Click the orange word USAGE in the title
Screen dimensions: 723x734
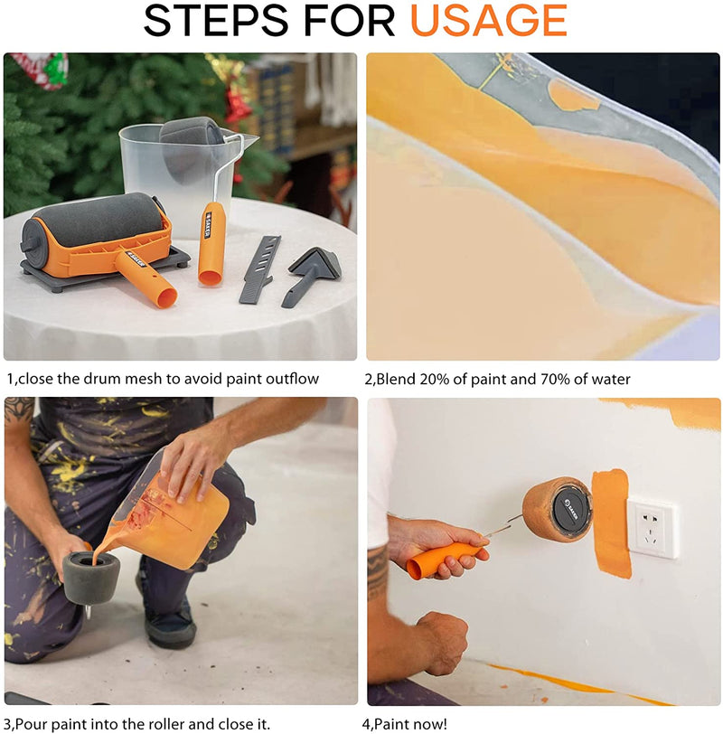tap(489, 21)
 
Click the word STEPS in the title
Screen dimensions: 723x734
tap(216, 21)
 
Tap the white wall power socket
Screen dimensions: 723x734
tap(653, 528)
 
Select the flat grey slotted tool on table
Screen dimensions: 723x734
tap(260, 268)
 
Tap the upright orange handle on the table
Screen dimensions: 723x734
tap(212, 243)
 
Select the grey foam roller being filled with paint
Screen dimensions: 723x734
tap(90, 577)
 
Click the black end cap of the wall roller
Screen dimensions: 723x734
tap(571, 510)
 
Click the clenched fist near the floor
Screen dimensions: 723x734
tap(442, 642)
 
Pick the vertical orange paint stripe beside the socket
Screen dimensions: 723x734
tap(611, 523)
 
